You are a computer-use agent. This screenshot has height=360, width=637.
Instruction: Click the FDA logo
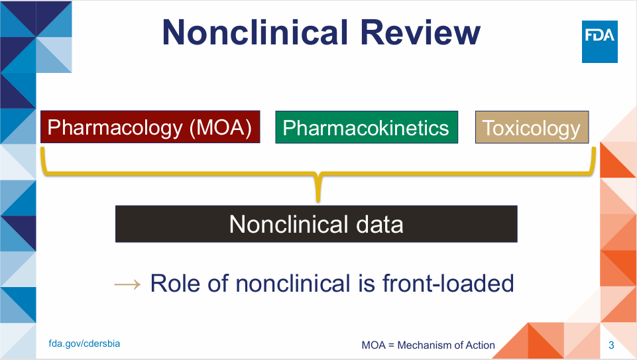[600, 42]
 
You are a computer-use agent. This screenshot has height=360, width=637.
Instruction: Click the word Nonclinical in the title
[255, 32]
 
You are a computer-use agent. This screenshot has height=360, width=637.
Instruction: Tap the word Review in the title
[420, 32]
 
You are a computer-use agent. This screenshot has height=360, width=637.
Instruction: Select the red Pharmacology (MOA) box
[150, 127]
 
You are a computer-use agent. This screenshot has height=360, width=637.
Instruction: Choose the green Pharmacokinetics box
[367, 127]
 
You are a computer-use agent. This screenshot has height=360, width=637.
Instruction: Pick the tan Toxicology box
[532, 127]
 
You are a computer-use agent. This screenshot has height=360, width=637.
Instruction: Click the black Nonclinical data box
[316, 224]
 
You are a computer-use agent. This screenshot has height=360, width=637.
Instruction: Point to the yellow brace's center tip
[318, 201]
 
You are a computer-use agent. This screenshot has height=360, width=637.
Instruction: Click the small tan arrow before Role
[127, 284]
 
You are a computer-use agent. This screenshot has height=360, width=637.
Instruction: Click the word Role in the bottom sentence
[175, 283]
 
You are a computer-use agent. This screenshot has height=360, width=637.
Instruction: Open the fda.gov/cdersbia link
[84, 343]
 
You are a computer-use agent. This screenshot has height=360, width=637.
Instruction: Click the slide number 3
[611, 345]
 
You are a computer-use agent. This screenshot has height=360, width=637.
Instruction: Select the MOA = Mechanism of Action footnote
[428, 345]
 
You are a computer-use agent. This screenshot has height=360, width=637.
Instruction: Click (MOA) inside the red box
[221, 127]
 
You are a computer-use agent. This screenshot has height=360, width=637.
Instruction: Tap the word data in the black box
[379, 224]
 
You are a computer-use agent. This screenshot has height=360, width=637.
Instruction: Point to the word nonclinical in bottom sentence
[293, 283]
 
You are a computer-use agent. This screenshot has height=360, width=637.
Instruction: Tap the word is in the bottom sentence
[367, 283]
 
